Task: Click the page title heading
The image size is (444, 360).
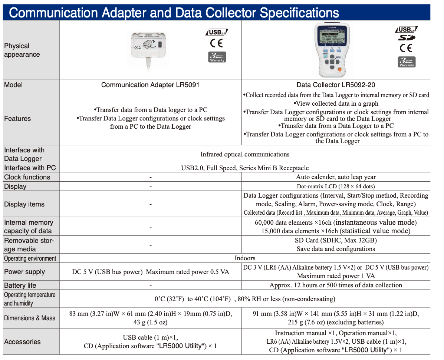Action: click(174, 13)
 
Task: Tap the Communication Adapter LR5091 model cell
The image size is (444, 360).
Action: click(150, 85)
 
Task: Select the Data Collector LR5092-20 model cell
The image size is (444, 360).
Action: click(336, 85)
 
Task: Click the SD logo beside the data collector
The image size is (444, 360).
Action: click(407, 38)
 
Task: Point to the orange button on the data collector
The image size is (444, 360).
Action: click(339, 69)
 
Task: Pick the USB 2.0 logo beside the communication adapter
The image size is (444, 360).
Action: click(217, 32)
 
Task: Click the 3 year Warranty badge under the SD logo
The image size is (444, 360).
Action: click(407, 62)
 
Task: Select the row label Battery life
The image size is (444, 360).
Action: click(20, 285)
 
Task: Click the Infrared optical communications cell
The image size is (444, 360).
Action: click(245, 154)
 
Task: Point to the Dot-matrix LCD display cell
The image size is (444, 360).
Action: click(336, 186)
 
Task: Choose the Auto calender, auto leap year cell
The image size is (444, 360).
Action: click(336, 177)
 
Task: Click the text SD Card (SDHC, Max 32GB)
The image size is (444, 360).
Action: click(336, 240)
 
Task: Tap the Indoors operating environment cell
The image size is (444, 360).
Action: click(245, 258)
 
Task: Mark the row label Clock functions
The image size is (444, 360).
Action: click(27, 177)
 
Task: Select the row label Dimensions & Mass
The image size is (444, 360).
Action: click(30, 318)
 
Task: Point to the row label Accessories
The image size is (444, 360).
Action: click(22, 341)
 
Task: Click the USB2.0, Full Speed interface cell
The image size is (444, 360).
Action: click(245, 168)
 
